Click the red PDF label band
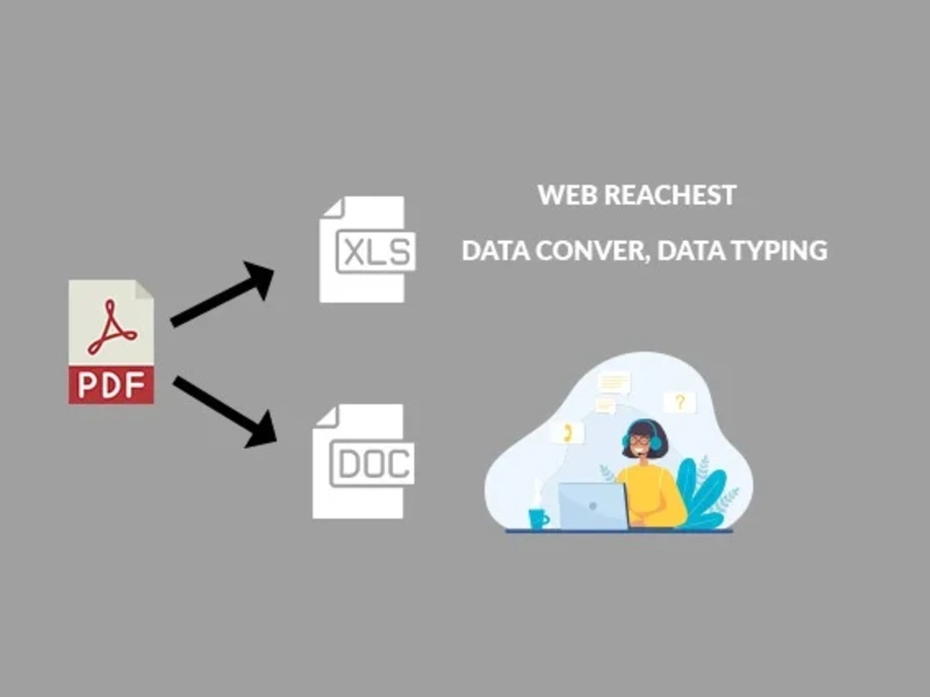click(x=111, y=385)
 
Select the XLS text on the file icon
click(x=377, y=251)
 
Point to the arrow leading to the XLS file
click(x=222, y=294)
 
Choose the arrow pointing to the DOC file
click(x=225, y=412)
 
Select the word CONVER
click(x=590, y=250)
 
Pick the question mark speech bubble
click(x=680, y=402)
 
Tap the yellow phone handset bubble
click(x=567, y=433)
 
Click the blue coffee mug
click(x=538, y=519)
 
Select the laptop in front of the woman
click(x=592, y=506)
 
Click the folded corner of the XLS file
click(x=333, y=208)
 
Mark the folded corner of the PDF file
click(x=144, y=290)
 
